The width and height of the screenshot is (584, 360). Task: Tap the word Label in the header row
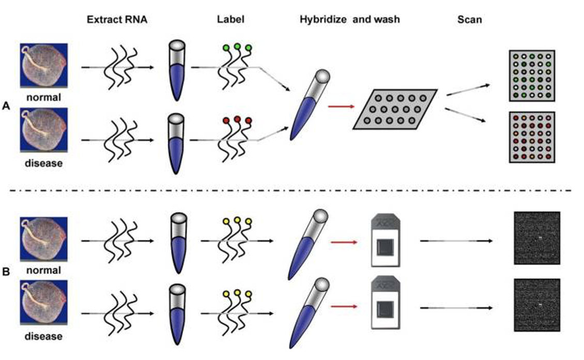click(230, 20)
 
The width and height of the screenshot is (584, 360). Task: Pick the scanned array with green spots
click(532, 76)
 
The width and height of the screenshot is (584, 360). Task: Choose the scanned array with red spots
click(532, 138)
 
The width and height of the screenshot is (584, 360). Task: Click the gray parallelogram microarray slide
click(395, 109)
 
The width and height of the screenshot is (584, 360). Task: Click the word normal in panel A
click(44, 97)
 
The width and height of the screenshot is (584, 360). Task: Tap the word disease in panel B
click(44, 336)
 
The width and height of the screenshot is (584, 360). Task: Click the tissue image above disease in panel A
click(44, 130)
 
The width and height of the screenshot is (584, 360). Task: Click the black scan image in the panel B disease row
click(537, 306)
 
